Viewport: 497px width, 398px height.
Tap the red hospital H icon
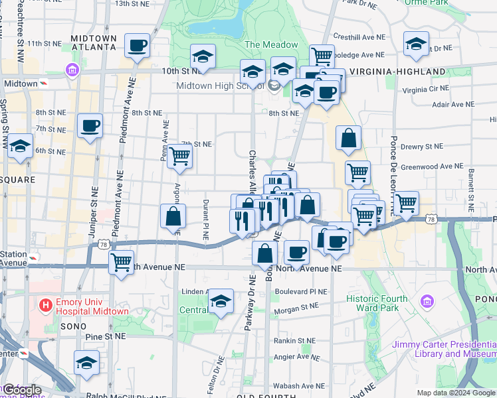[45, 306]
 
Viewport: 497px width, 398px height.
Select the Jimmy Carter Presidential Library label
[444, 349]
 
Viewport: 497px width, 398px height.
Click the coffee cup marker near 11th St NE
[138, 46]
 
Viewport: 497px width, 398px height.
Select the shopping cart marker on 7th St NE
[180, 156]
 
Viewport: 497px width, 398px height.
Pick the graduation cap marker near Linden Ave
[221, 301]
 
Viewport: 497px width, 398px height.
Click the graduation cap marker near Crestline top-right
[416, 44]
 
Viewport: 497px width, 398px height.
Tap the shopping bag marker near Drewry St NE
[348, 138]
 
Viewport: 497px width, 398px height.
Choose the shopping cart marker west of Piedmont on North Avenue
[121, 262]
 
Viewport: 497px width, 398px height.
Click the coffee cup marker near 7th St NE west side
[90, 125]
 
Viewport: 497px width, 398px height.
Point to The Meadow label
[272, 44]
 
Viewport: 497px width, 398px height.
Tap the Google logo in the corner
[22, 390]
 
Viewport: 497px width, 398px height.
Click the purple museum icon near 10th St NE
[72, 70]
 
